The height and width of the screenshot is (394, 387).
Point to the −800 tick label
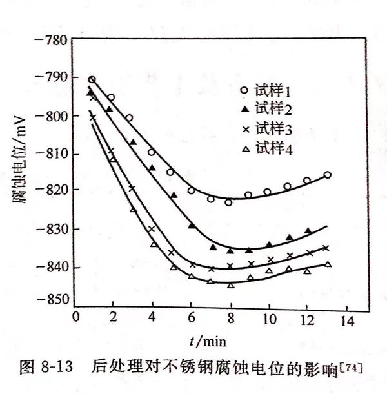[52, 116]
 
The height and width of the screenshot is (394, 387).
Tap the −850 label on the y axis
[52, 299]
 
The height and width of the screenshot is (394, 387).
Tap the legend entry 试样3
[275, 130]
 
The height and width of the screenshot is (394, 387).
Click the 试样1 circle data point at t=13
[327, 175]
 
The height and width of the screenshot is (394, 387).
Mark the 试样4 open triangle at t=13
[328, 264]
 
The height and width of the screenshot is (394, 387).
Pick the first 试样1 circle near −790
[92, 80]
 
